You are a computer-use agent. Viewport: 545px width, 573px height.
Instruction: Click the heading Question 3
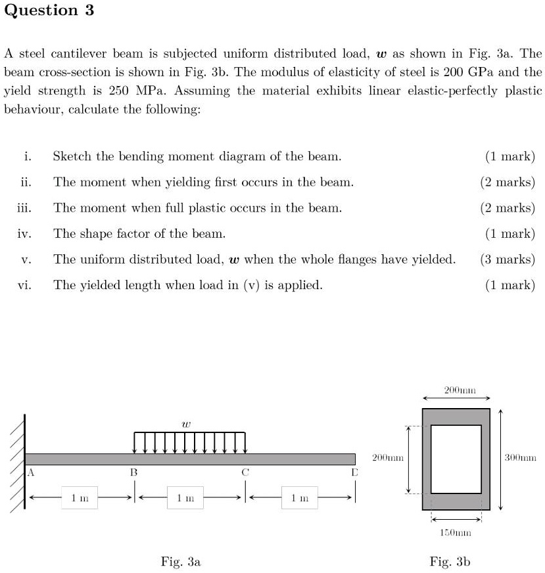point(49,11)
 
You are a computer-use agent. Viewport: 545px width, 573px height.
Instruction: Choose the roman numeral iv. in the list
point(26,234)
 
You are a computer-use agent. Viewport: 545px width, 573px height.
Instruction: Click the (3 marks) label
point(508,260)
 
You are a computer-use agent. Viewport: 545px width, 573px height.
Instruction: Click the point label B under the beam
point(133,472)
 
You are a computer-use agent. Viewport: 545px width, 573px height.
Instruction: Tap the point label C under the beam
point(245,472)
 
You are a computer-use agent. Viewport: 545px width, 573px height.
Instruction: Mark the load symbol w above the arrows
point(187,425)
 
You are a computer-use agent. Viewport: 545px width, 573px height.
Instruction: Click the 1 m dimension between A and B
point(80,498)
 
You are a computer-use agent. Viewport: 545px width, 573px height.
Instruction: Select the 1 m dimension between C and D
point(300,498)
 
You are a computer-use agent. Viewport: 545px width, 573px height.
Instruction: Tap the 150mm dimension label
point(456,533)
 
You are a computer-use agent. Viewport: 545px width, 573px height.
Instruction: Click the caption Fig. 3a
point(181,561)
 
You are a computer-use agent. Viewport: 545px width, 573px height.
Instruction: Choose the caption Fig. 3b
point(450,561)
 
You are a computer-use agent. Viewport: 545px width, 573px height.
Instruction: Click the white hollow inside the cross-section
point(456,459)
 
